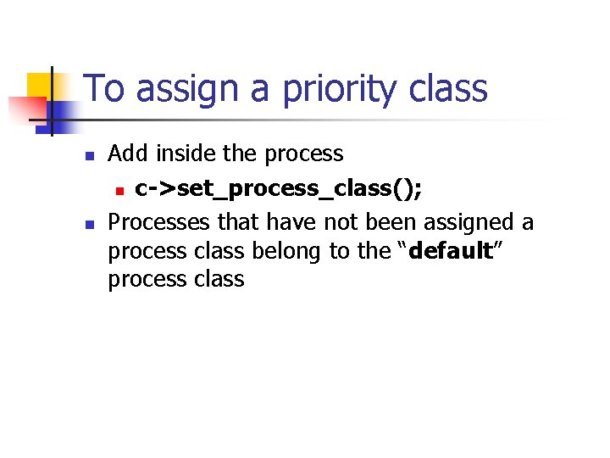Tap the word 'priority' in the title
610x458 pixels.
pos(330,89)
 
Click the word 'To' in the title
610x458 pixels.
pos(105,89)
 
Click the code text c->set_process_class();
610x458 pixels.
pos(279,188)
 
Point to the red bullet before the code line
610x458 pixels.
pos(120,190)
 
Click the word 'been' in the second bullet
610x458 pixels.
pos(389,222)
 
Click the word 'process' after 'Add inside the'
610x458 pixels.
pos(303,154)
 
